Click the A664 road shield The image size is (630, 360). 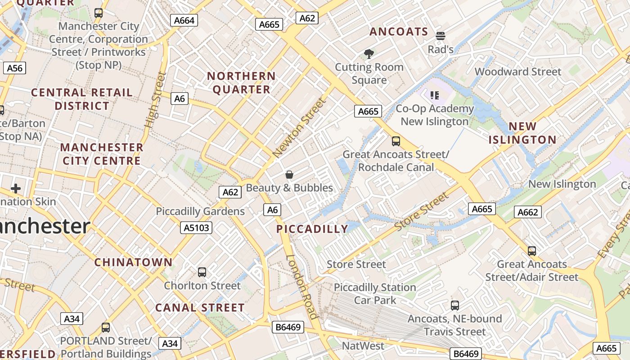[184, 20]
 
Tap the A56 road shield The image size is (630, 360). [14, 68]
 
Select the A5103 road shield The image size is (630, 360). [197, 228]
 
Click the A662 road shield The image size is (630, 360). [527, 212]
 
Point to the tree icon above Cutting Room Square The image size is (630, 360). [369, 54]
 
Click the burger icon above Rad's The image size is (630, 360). [440, 36]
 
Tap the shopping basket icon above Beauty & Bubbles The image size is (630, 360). [289, 175]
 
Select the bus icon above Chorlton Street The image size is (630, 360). [202, 272]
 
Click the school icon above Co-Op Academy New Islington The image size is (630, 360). [434, 95]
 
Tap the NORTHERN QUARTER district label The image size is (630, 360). [241, 83]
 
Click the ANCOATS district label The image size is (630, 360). [398, 31]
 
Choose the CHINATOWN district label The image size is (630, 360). [133, 262]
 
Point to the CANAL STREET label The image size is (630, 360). [200, 308]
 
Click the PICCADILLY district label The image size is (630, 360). [312, 229]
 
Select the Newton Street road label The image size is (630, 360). [299, 128]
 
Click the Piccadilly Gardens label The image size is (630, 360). [200, 211]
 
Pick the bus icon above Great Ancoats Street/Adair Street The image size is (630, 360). [532, 251]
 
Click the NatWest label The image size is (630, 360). [363, 346]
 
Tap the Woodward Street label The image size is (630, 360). [518, 72]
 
